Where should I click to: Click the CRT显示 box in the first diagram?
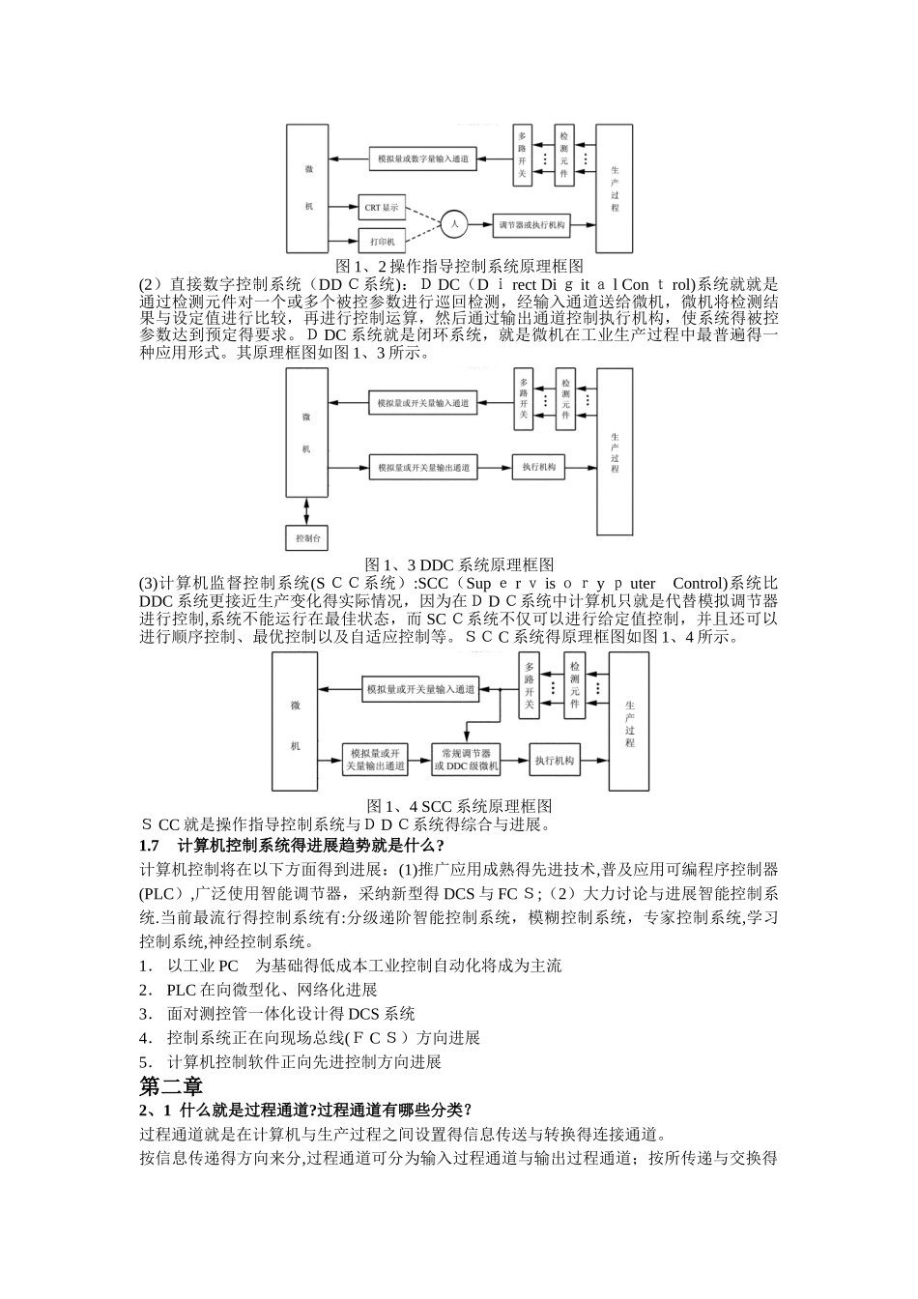click(381, 207)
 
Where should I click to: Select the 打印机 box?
click(381, 238)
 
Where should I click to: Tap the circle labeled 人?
click(454, 224)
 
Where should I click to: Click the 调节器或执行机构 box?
click(531, 225)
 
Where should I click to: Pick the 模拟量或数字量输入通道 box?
click(423, 158)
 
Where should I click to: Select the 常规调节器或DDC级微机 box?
click(467, 760)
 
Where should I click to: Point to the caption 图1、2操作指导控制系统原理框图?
click(458, 266)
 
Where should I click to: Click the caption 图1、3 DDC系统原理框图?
click(458, 564)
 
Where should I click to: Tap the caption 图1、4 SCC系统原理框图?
click(458, 805)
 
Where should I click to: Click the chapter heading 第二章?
click(171, 1085)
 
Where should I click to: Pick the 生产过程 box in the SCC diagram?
click(629, 723)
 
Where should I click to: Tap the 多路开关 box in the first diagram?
click(522, 156)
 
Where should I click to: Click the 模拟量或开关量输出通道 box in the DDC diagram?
click(423, 468)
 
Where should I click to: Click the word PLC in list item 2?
click(181, 990)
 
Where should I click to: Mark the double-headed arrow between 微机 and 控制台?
click(307, 510)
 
